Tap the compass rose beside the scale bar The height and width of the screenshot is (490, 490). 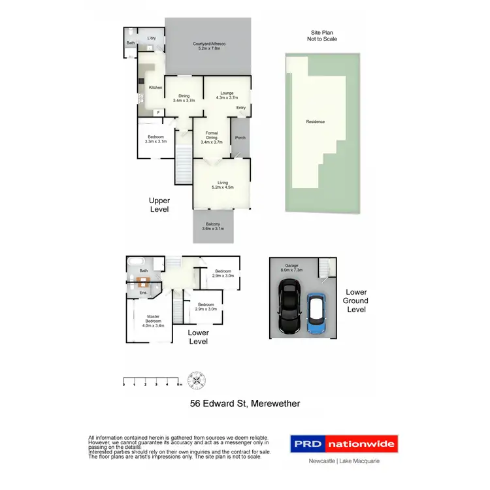(195, 380)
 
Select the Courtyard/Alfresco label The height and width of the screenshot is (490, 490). (209, 46)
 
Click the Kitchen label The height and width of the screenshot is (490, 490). (155, 88)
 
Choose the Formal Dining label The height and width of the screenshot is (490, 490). (212, 136)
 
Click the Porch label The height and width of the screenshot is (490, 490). (240, 138)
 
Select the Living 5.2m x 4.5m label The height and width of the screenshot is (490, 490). (221, 185)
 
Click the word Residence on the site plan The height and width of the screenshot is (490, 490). (315, 122)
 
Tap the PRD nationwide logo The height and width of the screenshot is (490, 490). (344, 445)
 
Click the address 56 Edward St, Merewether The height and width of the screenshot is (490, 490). (245, 404)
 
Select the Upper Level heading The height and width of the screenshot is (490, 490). (159, 205)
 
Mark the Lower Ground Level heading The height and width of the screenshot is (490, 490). (357, 301)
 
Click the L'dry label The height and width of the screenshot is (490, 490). (152, 38)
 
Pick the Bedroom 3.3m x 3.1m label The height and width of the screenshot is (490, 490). (156, 139)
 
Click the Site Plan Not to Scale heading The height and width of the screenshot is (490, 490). (323, 35)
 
